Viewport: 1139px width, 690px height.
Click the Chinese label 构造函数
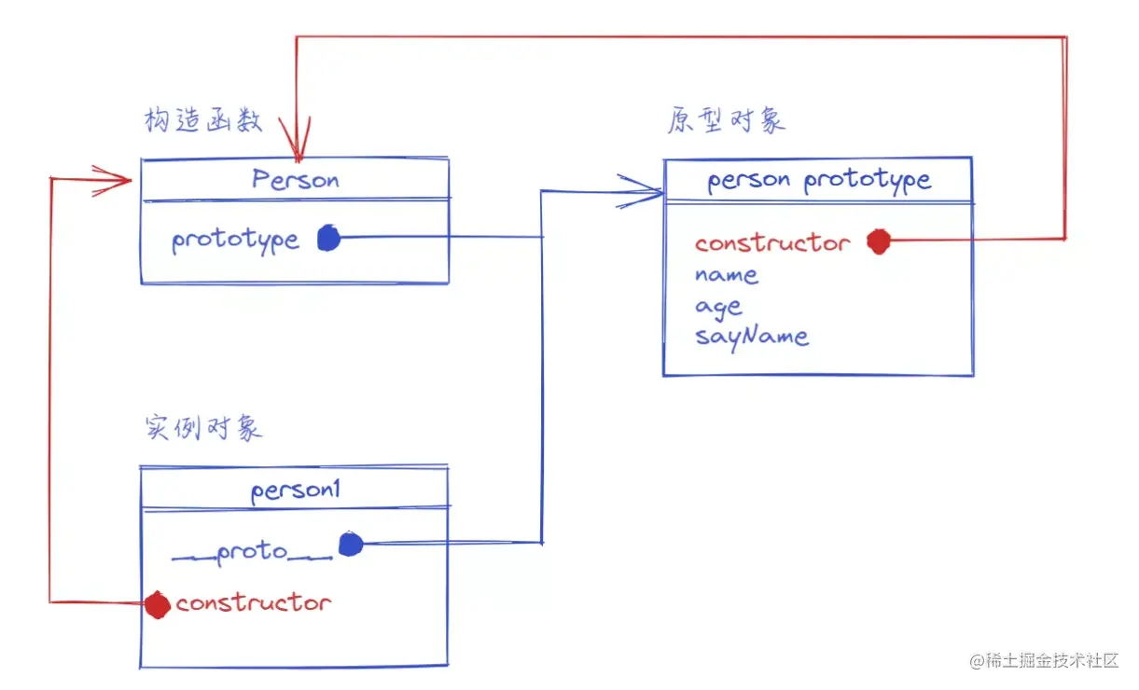(203, 120)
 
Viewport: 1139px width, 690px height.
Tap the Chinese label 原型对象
(727, 120)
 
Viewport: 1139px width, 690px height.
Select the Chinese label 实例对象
(203, 428)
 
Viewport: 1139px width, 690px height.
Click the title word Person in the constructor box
(296, 179)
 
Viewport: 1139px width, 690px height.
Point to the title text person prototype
(819, 180)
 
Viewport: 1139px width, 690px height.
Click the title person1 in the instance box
(296, 491)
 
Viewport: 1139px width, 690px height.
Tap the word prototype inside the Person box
(235, 241)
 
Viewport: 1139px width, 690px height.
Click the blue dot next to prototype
(328, 238)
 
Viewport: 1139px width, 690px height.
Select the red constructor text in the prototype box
(773, 242)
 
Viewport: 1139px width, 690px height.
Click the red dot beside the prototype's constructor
(879, 241)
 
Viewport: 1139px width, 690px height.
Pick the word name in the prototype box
(727, 275)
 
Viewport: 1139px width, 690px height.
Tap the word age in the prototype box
(718, 308)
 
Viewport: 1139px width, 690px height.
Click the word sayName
(752, 337)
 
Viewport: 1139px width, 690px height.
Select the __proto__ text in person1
(253, 553)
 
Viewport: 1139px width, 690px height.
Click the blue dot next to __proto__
(351, 545)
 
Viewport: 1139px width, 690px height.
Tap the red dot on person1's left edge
(157, 604)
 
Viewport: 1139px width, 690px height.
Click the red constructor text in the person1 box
(253, 603)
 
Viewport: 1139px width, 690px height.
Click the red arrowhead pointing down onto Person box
(296, 139)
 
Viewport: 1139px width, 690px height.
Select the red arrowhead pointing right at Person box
(113, 180)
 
